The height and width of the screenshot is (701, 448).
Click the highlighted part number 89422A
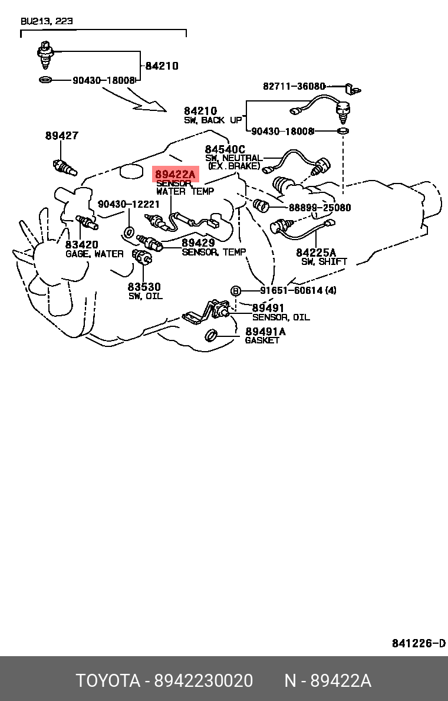tap(175, 174)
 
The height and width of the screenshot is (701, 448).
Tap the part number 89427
tap(62, 135)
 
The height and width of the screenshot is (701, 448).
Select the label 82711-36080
tap(294, 86)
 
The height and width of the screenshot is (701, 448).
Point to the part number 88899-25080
tap(320, 208)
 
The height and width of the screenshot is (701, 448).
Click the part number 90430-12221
tap(129, 204)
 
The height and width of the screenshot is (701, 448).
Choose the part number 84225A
tap(316, 253)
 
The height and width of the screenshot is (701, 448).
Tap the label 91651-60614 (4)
tap(298, 290)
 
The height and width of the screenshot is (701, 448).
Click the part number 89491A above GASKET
tap(265, 331)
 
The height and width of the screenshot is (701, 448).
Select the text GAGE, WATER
tap(94, 254)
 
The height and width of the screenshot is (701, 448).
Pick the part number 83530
tap(144, 287)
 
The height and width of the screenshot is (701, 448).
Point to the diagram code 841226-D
tap(419, 643)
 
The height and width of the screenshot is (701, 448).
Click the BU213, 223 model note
tap(47, 21)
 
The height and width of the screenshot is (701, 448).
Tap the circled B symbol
tap(235, 291)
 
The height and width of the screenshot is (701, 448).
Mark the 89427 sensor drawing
tap(65, 167)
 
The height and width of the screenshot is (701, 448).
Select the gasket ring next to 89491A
tap(211, 335)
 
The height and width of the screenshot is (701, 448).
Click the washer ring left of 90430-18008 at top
tap(45, 80)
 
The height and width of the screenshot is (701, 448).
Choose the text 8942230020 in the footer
tap(204, 680)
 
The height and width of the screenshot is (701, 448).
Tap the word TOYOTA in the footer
tap(108, 680)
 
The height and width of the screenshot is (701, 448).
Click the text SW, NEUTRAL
tap(233, 158)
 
